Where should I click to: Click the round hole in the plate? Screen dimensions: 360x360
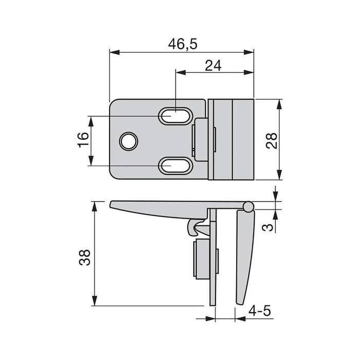129,141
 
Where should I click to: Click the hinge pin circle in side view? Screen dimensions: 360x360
248,206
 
